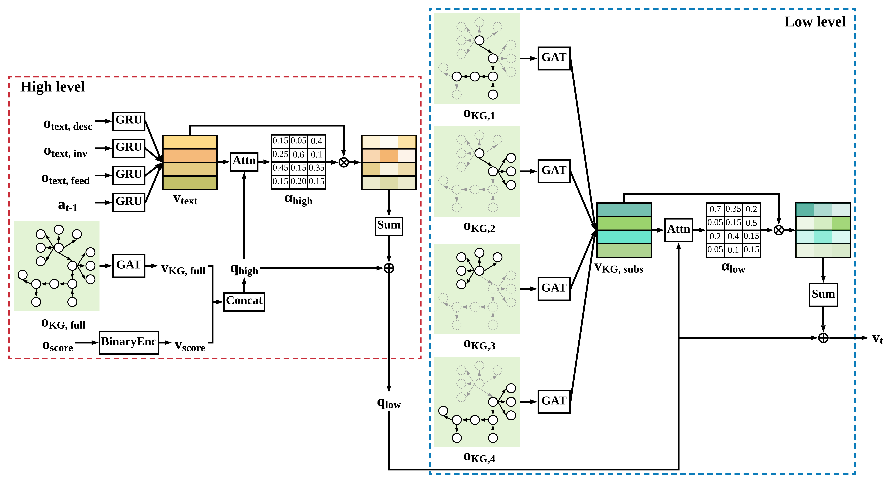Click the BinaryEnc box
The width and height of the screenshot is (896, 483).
click(129, 342)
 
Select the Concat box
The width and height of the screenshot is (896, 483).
click(244, 301)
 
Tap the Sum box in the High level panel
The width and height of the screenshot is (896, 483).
click(388, 226)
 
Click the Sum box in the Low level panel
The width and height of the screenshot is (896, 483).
click(823, 295)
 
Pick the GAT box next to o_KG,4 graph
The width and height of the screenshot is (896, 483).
click(554, 401)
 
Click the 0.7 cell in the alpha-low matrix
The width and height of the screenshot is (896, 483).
click(715, 209)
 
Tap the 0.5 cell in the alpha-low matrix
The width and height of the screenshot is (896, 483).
click(751, 223)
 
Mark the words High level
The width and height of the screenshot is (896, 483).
click(52, 87)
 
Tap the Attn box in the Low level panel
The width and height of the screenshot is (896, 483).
click(678, 230)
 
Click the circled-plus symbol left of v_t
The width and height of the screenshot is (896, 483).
click(823, 338)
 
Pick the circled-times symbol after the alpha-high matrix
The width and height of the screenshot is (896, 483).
click(343, 162)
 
